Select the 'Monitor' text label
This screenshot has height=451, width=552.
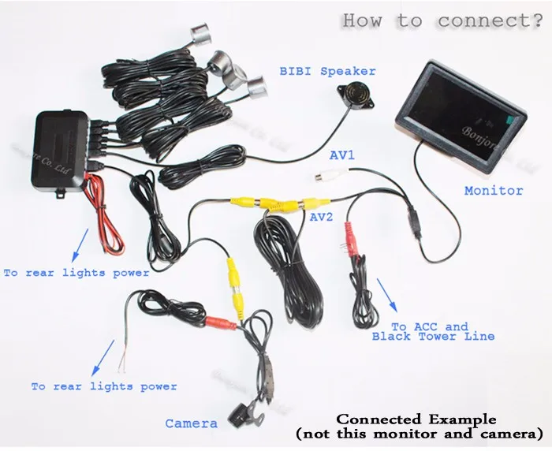(x=494, y=190)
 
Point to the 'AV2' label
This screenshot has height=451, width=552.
(x=321, y=216)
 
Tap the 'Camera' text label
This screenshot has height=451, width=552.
(x=191, y=423)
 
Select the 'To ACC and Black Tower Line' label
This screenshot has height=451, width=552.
(x=433, y=331)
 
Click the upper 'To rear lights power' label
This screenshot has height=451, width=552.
(x=76, y=273)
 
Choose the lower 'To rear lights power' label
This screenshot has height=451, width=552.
(x=104, y=386)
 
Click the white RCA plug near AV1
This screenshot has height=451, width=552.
(x=322, y=178)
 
